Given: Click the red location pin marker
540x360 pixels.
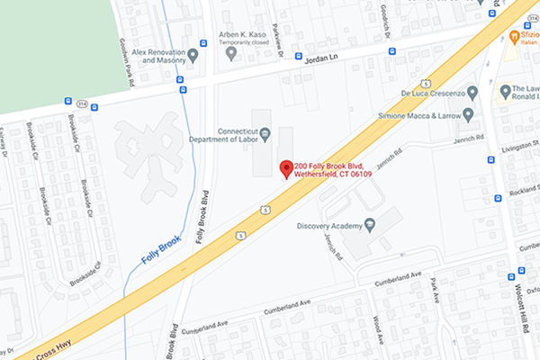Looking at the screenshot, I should (x=286, y=168).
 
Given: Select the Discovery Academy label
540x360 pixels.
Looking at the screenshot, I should (x=328, y=224).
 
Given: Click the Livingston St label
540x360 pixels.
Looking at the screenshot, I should (x=520, y=144).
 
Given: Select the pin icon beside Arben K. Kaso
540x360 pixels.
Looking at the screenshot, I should (x=231, y=53).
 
